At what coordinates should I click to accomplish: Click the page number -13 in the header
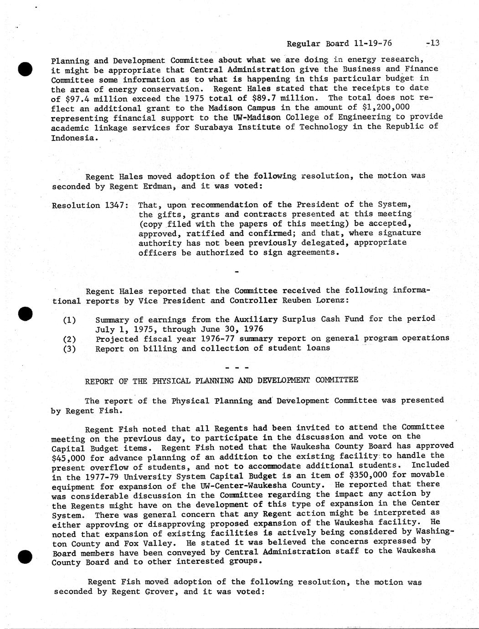click(432, 43)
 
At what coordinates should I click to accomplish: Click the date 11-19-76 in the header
click(372, 44)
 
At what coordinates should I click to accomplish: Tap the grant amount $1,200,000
click(386, 107)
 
